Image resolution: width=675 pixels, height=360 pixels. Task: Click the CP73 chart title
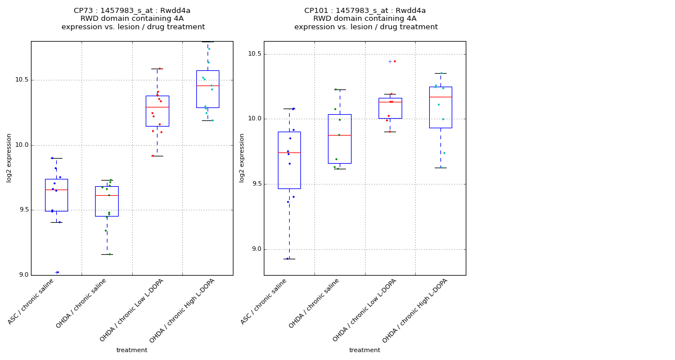133,19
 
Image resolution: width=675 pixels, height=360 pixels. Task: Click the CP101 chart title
366,19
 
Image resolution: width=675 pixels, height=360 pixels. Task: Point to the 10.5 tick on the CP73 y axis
21,80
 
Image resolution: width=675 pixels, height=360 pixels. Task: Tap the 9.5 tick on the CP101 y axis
255,184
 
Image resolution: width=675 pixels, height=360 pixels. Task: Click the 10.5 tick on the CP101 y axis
254,54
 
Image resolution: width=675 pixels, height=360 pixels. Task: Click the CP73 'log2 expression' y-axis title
10,157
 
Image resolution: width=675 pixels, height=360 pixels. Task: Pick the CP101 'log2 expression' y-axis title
242,157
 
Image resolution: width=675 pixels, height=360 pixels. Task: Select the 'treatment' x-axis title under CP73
132,350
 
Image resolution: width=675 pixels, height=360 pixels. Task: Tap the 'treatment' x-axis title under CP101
364,350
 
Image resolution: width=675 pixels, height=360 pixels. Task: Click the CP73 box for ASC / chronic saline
56,195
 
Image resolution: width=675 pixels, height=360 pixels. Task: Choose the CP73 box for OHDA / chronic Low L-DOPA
157,111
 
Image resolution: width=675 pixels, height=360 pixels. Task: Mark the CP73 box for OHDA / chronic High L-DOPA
208,89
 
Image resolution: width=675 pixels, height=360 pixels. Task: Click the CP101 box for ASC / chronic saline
289,160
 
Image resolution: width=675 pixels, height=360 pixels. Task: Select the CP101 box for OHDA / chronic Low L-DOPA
390,108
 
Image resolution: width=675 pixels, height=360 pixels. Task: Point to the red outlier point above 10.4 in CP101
394,61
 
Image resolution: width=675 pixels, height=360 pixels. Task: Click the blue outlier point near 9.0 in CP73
57,272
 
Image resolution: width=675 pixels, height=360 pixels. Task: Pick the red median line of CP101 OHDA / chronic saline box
340,135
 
